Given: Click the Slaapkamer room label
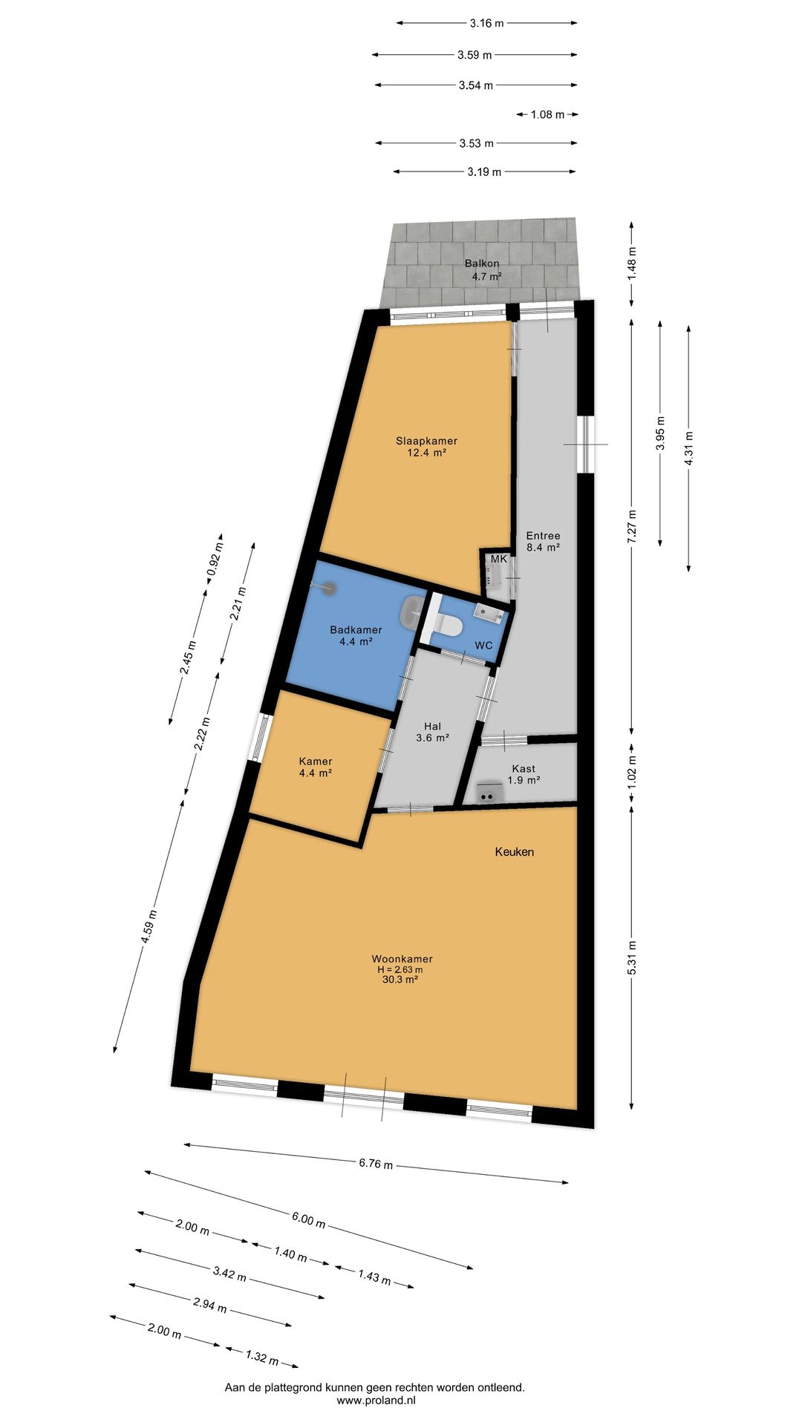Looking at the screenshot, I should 426,446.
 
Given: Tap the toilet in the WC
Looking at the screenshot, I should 449,623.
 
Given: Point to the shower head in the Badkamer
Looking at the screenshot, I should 328,588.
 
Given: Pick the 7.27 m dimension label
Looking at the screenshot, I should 632,527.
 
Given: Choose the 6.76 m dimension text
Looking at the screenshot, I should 376,1163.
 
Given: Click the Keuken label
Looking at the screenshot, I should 515,851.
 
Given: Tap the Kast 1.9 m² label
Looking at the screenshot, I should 523,774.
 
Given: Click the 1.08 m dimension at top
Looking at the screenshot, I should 547,114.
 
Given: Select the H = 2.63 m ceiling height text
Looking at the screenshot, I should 400,969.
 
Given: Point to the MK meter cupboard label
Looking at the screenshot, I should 498,559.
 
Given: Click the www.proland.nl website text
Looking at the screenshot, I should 376,1401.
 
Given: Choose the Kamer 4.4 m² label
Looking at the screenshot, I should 315,767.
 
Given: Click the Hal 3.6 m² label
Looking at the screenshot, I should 432,732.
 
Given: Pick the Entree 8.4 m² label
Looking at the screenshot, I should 543,541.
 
